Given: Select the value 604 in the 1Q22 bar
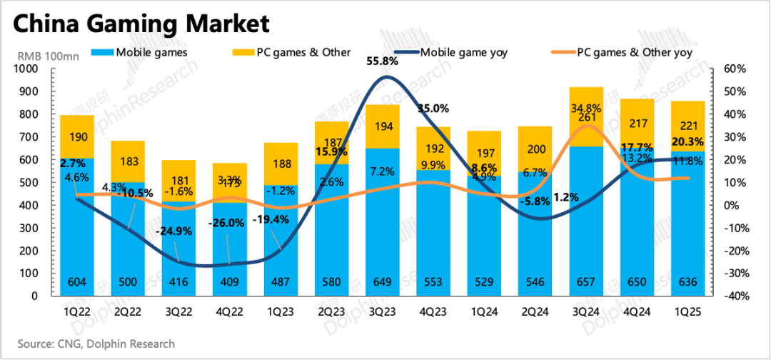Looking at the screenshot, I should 76,282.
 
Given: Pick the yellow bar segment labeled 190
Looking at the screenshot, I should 76,136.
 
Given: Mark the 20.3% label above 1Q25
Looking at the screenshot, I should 687,141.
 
